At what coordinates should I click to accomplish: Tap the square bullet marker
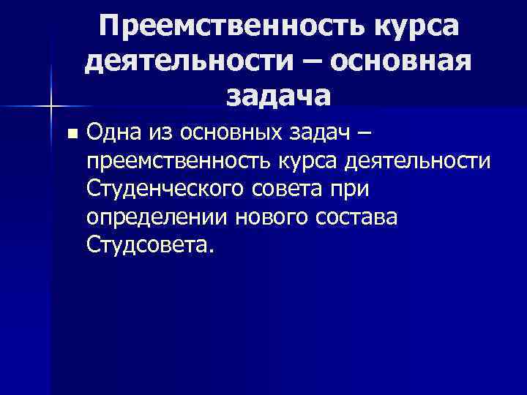pyautogui.click(x=71, y=135)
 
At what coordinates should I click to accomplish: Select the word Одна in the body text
pyautogui.click(x=113, y=133)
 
